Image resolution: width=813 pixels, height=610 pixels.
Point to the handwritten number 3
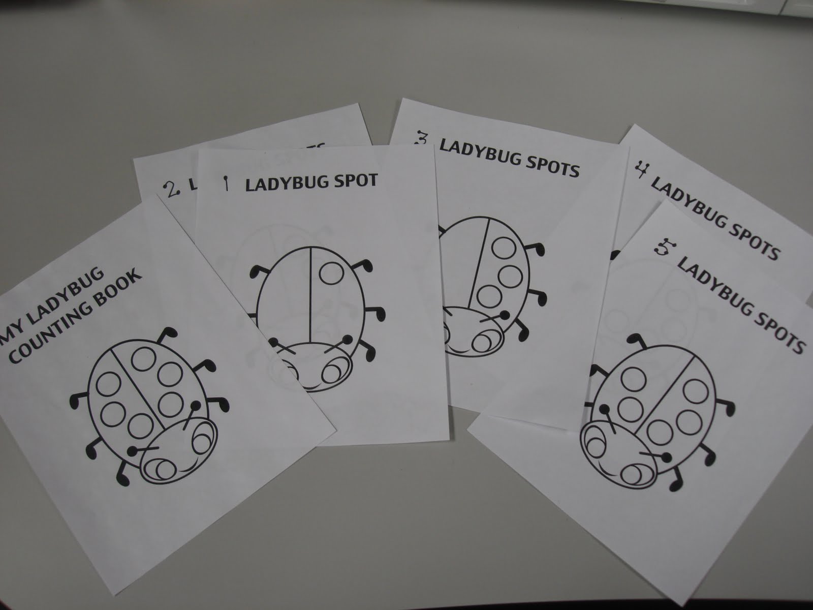click(x=423, y=144)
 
